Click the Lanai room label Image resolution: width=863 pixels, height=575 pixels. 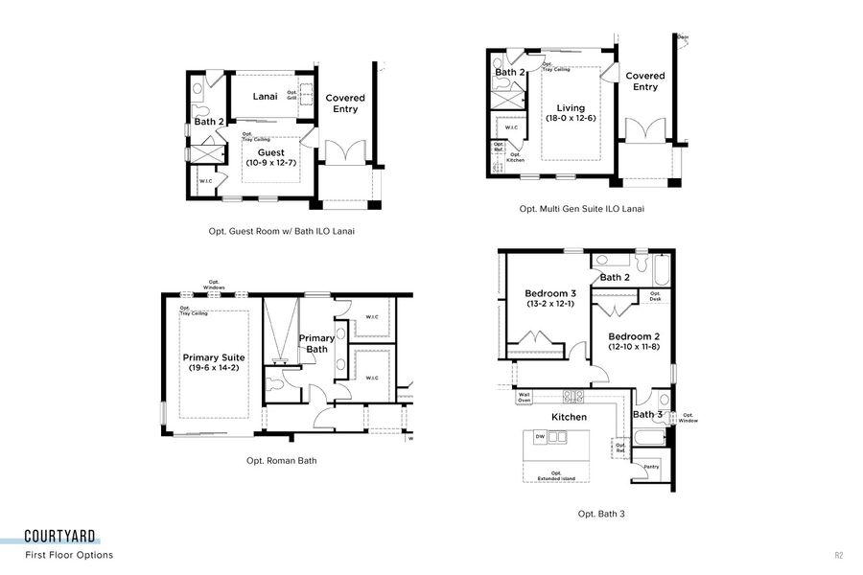[x=265, y=96]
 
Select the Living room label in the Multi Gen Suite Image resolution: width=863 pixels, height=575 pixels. [x=571, y=107]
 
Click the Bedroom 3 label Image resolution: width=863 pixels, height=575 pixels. [x=550, y=293]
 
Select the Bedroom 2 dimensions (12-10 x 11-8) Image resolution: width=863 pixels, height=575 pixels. [x=634, y=347]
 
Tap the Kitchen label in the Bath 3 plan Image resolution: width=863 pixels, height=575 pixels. [x=569, y=417]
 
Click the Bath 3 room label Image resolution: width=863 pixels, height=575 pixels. [x=648, y=415]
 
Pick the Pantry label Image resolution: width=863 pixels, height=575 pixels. [x=651, y=467]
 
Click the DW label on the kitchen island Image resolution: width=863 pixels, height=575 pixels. [x=540, y=436]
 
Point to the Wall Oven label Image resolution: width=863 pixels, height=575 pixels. [x=525, y=397]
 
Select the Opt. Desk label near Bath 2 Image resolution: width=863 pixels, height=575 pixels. [x=655, y=296]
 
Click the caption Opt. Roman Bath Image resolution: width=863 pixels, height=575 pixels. [x=281, y=461]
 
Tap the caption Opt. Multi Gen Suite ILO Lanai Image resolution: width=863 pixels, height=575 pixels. [x=581, y=209]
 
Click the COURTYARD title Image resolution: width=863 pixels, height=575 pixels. [x=59, y=538]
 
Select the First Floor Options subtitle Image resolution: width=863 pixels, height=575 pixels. [x=69, y=555]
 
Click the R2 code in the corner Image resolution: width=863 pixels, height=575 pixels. [x=838, y=555]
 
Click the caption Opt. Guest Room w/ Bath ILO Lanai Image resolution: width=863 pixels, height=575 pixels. [x=274, y=231]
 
